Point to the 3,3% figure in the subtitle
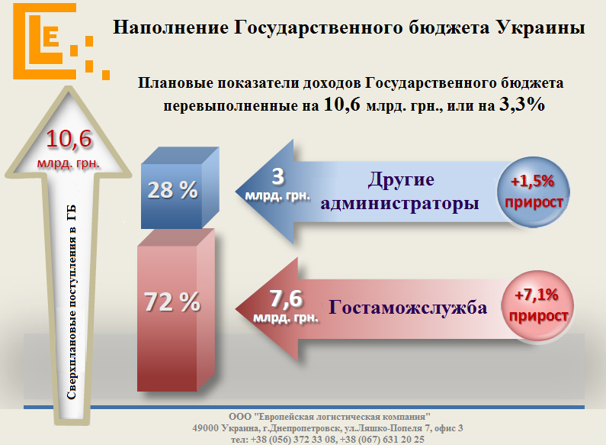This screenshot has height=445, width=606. coord(521,106)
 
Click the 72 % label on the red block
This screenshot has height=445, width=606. coord(172,302)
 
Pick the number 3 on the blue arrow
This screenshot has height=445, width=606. coord(278,177)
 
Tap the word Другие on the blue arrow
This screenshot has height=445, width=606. coord(401,180)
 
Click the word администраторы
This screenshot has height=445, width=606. coord(401,203)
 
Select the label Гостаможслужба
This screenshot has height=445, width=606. coord(408,308)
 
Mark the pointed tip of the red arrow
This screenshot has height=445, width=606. coord(237,309)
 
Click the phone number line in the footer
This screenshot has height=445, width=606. coord(328,440)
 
